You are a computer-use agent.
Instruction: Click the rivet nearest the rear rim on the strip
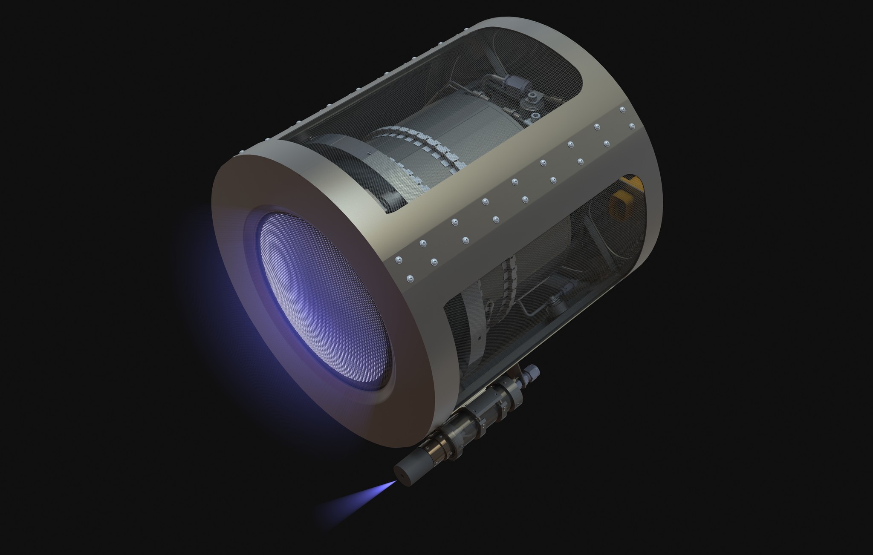(632, 126)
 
